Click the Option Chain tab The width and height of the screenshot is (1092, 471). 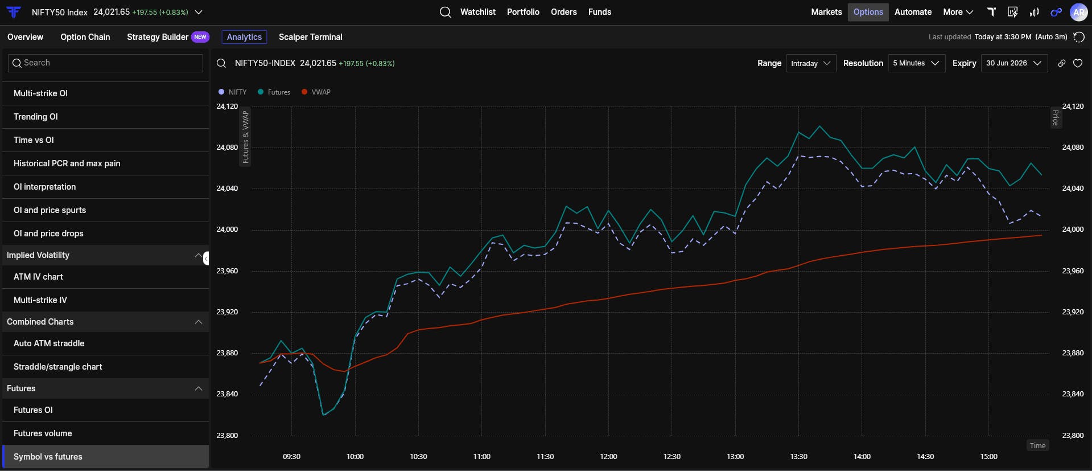click(x=85, y=37)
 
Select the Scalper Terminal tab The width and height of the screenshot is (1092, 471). click(x=311, y=37)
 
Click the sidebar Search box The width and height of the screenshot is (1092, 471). click(x=106, y=63)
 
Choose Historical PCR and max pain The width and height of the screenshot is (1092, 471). click(x=67, y=163)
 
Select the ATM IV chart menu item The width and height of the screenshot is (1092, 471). click(x=38, y=277)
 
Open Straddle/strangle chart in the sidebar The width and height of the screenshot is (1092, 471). click(x=58, y=367)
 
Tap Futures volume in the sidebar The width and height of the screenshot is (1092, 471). click(x=43, y=433)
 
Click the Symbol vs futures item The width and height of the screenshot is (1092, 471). click(x=48, y=457)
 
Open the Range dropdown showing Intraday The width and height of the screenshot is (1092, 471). click(x=811, y=63)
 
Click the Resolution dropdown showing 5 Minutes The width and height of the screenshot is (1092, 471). click(x=916, y=63)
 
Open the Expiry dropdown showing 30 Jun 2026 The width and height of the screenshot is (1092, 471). click(x=1014, y=63)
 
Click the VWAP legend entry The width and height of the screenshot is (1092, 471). click(x=316, y=92)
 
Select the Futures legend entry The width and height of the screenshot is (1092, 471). click(x=274, y=92)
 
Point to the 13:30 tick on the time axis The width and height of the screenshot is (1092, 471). click(x=798, y=456)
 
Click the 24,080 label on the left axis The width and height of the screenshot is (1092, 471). click(x=227, y=147)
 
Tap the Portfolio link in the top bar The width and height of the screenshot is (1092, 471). click(x=523, y=12)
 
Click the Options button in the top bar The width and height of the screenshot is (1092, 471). click(x=868, y=12)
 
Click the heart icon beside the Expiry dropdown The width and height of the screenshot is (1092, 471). click(x=1078, y=63)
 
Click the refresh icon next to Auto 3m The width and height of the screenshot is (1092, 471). click(x=1078, y=37)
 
